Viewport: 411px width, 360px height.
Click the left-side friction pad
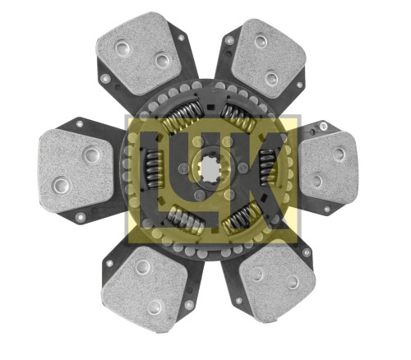coord(76,171)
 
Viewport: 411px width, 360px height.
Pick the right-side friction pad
coord(328,168)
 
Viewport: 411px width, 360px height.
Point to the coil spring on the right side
coord(267,167)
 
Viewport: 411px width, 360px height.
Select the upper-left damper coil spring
coord(182,116)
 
